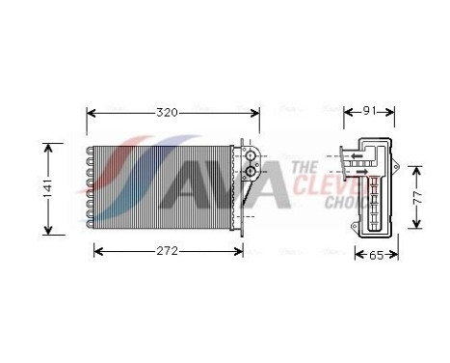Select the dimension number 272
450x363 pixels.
tap(167, 252)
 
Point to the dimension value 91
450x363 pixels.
tap(367, 113)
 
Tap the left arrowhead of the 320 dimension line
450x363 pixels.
tap(91, 113)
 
